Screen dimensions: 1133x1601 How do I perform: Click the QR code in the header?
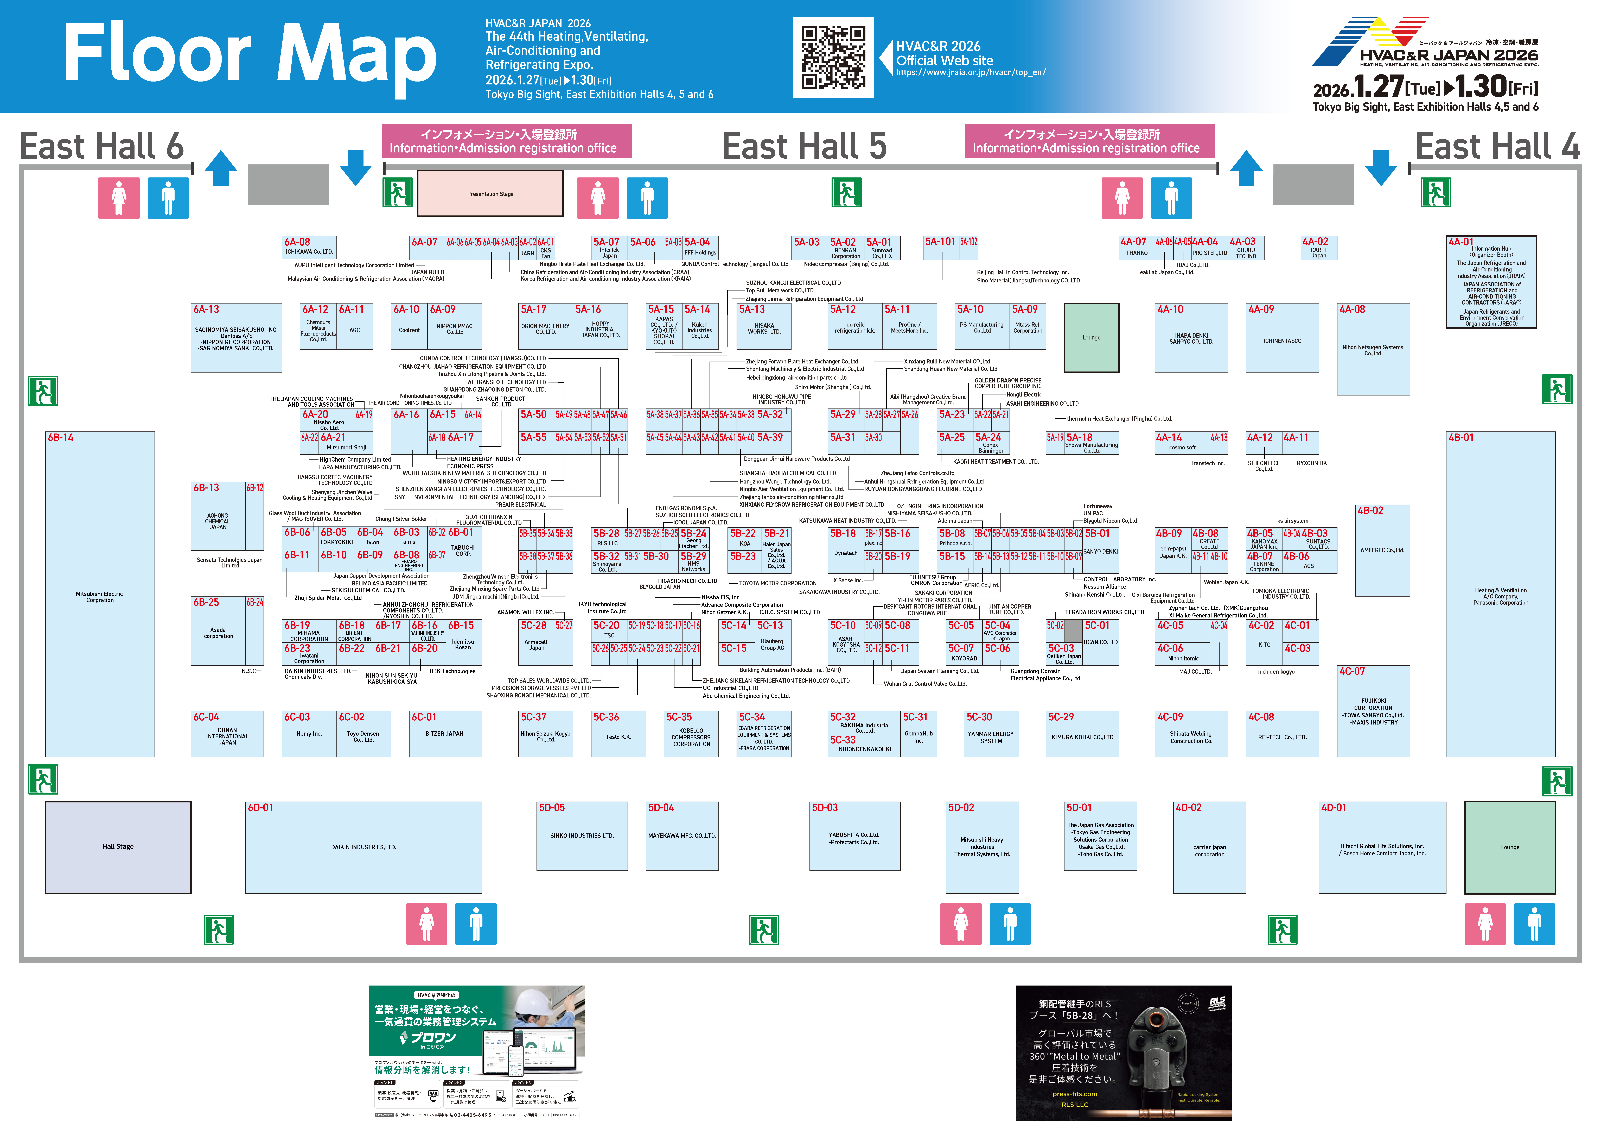(833, 57)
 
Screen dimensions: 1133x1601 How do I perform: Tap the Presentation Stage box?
(490, 194)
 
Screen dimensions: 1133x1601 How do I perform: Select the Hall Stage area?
(118, 847)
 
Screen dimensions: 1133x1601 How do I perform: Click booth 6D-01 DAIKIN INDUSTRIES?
(363, 847)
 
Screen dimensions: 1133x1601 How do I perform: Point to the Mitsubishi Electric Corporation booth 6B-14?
(100, 594)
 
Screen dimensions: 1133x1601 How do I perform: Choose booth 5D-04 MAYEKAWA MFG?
(682, 836)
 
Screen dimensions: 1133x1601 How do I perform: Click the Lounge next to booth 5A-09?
(1091, 338)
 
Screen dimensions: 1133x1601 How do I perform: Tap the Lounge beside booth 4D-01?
(1510, 847)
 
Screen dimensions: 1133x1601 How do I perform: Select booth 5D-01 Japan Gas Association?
(1100, 836)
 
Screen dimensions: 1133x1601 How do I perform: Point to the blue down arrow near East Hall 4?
(1381, 168)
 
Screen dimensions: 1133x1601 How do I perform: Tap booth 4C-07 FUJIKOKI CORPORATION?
(1373, 712)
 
